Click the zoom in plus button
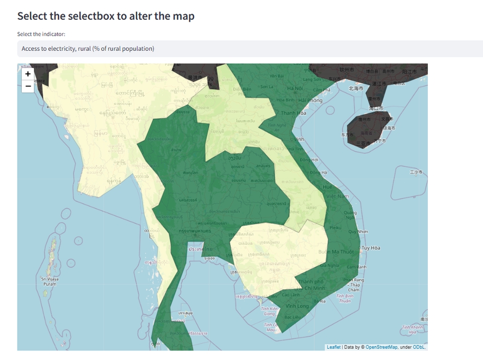[x=28, y=74]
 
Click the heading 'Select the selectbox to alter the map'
[x=106, y=16]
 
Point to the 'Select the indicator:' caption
[x=41, y=34]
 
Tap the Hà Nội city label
[x=295, y=88]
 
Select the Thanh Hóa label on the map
[x=294, y=113]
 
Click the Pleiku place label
[x=335, y=227]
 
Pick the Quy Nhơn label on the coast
[x=358, y=231]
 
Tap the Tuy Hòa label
[x=371, y=248]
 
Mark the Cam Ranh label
[x=356, y=267]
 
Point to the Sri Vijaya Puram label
[x=50, y=281]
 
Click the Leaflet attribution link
[x=334, y=347]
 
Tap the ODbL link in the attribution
[x=420, y=347]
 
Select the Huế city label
[x=327, y=186]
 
